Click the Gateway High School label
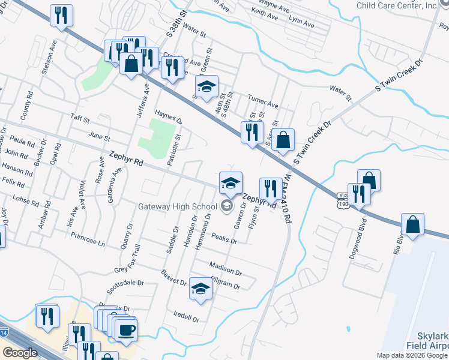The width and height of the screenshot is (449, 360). tap(178, 207)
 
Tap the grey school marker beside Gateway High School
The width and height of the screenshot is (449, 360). tap(227, 207)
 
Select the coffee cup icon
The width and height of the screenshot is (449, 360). tap(126, 330)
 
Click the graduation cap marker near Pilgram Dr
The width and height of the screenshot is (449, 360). tap(200, 289)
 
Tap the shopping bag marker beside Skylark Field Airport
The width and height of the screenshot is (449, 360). tap(412, 224)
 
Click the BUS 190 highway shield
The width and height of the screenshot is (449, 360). tap(343, 200)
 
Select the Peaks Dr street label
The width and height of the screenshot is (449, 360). tap(225, 238)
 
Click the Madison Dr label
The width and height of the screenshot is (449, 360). tap(226, 268)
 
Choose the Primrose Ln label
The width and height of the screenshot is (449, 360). tap(88, 240)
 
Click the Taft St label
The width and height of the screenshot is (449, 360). tap(79, 119)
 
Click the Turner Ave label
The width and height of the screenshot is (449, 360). tap(264, 100)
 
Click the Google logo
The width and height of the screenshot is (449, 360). tap(20, 353)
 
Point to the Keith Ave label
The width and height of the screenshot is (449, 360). tap(265, 18)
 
